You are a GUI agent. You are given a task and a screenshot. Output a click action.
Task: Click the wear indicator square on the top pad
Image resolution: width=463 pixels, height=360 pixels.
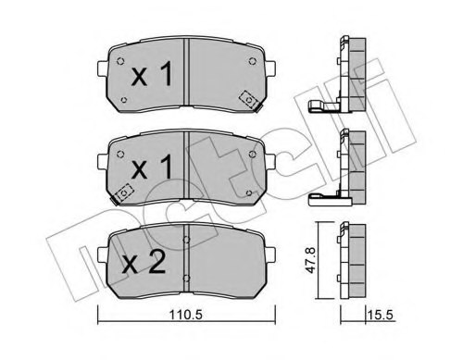[248, 98]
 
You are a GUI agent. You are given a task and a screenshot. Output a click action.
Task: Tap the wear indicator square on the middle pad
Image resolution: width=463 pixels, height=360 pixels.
[124, 193]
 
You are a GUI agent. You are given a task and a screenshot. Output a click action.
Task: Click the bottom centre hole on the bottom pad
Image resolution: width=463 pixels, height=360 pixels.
[188, 280]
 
